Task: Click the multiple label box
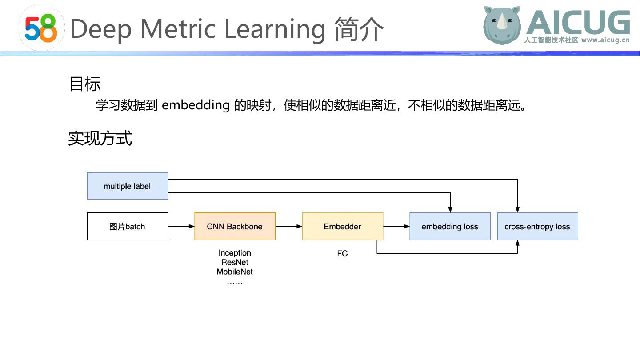coord(127,186)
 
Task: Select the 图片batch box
coord(127,226)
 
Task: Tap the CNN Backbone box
coord(235,226)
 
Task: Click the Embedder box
coord(342,226)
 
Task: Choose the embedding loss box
coord(450,226)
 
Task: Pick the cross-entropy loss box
coord(537,226)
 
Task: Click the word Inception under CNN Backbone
coord(235,253)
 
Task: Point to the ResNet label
coord(235,262)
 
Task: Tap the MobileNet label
coord(235,272)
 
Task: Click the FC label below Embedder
coord(342,254)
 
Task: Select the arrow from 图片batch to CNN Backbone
coord(181,226)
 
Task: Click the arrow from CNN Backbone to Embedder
coord(289,226)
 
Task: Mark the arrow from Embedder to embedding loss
coord(396,226)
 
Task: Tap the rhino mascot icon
coord(502,25)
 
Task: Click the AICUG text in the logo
coord(578,22)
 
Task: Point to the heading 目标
coord(85,84)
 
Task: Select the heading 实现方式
coord(100,138)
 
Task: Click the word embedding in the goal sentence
coord(195,105)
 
